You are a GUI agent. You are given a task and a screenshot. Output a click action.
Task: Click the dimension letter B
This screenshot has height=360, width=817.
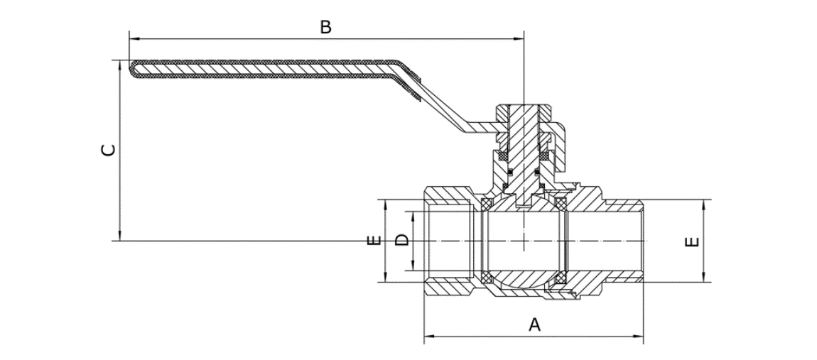pos(325,28)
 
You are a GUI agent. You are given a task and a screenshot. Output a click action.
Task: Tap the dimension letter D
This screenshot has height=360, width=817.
pos(402,240)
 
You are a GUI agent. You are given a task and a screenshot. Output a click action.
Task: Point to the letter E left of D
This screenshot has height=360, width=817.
pos(376,241)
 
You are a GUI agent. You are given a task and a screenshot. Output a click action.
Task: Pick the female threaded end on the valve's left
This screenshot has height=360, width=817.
pos(448,241)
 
